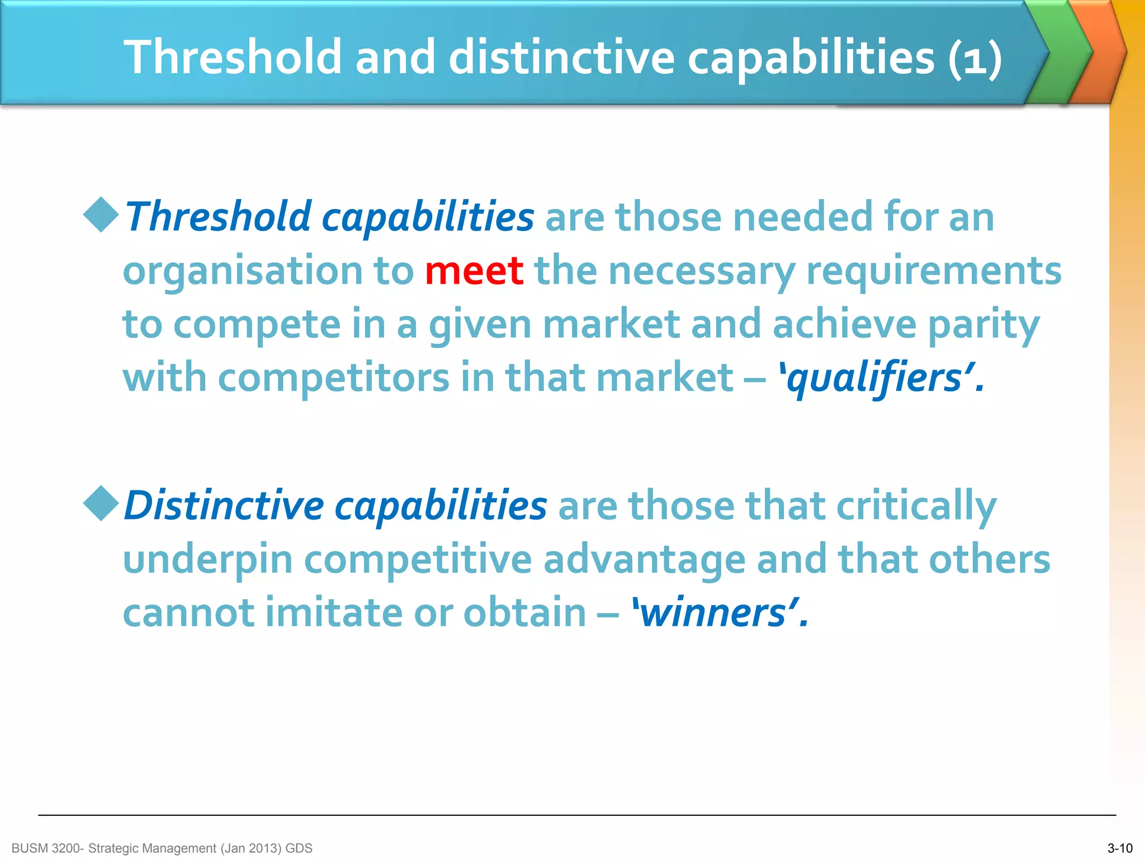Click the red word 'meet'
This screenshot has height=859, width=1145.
(474, 271)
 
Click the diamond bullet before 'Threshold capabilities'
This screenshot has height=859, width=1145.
(101, 214)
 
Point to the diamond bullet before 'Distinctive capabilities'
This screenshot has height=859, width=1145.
(101, 503)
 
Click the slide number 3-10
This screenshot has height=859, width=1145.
(1120, 848)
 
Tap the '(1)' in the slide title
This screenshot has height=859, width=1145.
(974, 58)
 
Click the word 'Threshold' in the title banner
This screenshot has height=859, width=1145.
(233, 57)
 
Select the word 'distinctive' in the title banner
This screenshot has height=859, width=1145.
(561, 57)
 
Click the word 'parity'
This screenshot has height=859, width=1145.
(983, 325)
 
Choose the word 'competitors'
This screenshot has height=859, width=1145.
(333, 379)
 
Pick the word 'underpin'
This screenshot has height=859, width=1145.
(207, 560)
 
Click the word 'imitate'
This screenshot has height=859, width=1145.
(333, 613)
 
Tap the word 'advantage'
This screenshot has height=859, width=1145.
(644, 560)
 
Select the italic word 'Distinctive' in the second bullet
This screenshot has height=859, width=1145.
(224, 506)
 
